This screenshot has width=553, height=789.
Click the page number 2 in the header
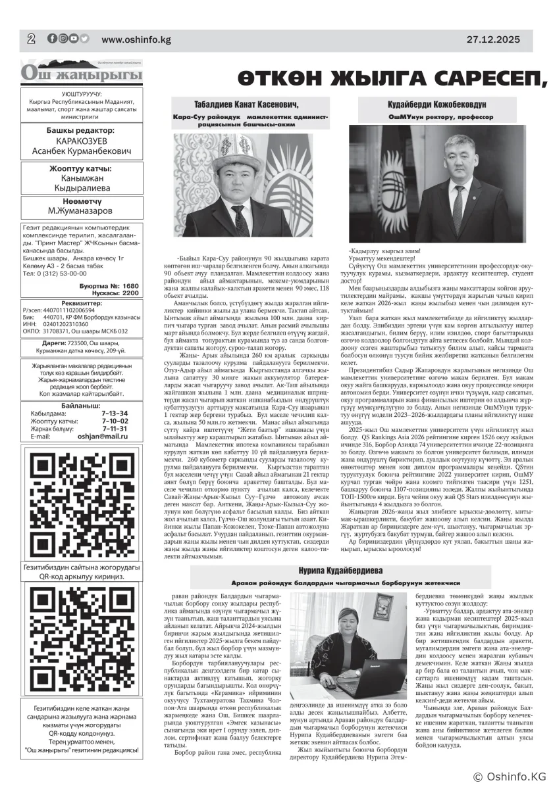click(x=31, y=39)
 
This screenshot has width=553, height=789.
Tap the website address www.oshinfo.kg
click(x=136, y=39)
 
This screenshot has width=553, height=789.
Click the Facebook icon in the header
click(x=52, y=39)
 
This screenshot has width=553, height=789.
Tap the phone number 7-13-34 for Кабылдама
click(x=115, y=413)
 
